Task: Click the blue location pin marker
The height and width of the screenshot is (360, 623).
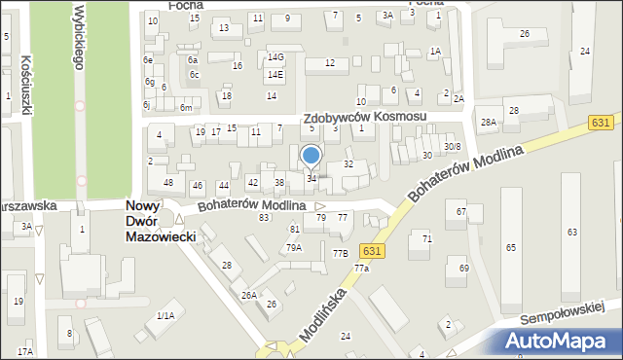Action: [311, 156]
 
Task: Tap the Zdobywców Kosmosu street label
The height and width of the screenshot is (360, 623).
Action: [365, 117]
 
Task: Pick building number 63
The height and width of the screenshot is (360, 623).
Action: [572, 232]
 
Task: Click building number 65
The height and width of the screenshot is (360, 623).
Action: [511, 248]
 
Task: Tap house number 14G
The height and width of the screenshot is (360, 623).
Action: [276, 57]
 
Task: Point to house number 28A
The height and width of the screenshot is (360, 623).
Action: [489, 122]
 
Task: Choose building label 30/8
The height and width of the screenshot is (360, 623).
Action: [452, 146]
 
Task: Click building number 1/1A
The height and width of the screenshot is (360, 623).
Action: [165, 315]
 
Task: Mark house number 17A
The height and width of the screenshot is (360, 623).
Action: [24, 351]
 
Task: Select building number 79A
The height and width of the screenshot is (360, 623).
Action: [293, 248]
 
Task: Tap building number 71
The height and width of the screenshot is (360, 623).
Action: [426, 238]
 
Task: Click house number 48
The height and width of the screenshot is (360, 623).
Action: [168, 183]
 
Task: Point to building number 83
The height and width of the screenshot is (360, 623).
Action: [264, 217]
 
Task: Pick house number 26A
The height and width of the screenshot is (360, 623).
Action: [249, 295]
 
